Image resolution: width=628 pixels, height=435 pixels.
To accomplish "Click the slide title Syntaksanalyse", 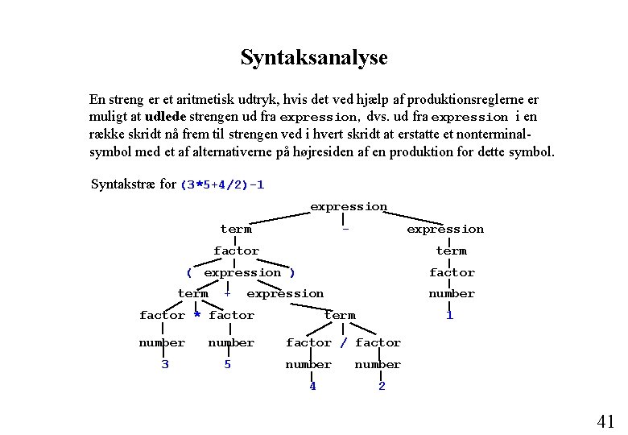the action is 314,58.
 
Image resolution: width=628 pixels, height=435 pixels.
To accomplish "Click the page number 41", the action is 605,420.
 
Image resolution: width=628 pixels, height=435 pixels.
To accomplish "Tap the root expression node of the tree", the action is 349,207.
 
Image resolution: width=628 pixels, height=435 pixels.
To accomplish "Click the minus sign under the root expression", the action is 345,229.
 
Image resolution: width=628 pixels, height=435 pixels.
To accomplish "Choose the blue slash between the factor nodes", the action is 344,342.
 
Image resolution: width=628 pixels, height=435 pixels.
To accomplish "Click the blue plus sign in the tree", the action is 228,293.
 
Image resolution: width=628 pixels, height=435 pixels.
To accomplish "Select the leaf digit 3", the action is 164,364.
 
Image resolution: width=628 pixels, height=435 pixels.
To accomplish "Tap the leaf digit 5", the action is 227,364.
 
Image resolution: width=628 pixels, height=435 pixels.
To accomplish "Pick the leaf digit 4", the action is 312,386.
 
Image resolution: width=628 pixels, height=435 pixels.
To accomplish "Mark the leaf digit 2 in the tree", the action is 382,386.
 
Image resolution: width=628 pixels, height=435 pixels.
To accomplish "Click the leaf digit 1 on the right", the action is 449,315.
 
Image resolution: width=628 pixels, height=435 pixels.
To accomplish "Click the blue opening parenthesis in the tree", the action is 189,272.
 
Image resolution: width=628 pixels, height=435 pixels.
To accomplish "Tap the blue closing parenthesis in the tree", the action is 292,272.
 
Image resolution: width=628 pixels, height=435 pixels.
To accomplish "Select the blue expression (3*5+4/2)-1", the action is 222,184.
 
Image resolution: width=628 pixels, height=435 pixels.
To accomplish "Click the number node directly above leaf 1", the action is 451,293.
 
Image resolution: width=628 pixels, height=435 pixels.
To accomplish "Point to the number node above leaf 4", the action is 308,364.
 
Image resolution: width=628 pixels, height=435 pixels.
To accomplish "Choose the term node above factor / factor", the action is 339,315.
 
